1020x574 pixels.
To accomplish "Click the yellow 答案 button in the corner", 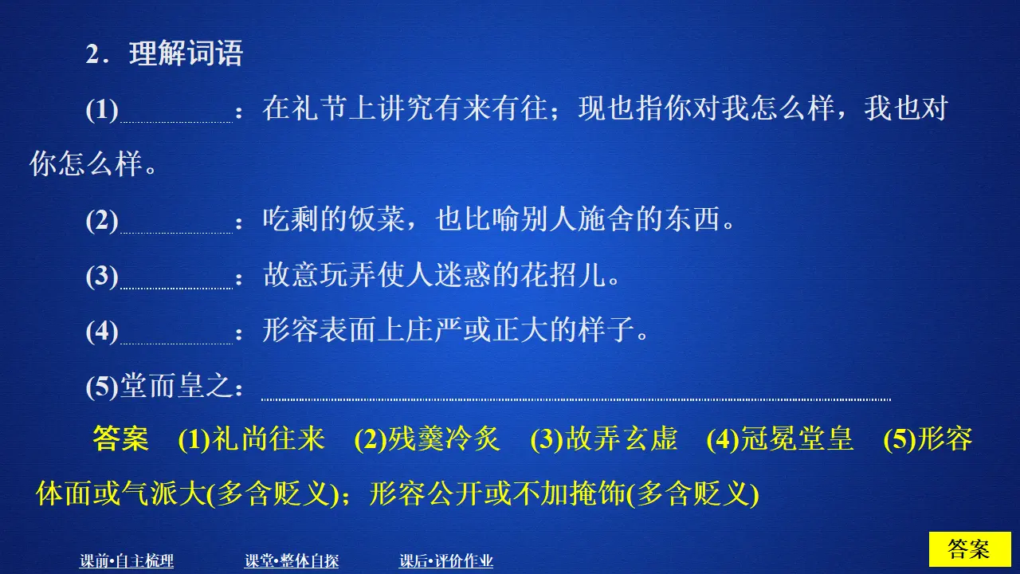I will point(969,549).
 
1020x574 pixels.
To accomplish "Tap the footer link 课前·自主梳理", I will point(127,561).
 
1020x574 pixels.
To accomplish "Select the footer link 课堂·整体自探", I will point(292,561).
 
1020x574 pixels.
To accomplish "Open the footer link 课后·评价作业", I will point(446,561).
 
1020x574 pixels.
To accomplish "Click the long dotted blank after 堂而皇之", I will point(575,395).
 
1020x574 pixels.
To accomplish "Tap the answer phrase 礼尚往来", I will point(269,439).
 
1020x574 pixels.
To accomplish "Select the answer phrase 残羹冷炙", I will point(444,439).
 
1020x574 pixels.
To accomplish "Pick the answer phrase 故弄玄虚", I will point(621,439).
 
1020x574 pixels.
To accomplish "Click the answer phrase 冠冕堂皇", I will point(797,439).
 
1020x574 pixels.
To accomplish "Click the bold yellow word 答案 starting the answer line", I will point(120,439).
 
